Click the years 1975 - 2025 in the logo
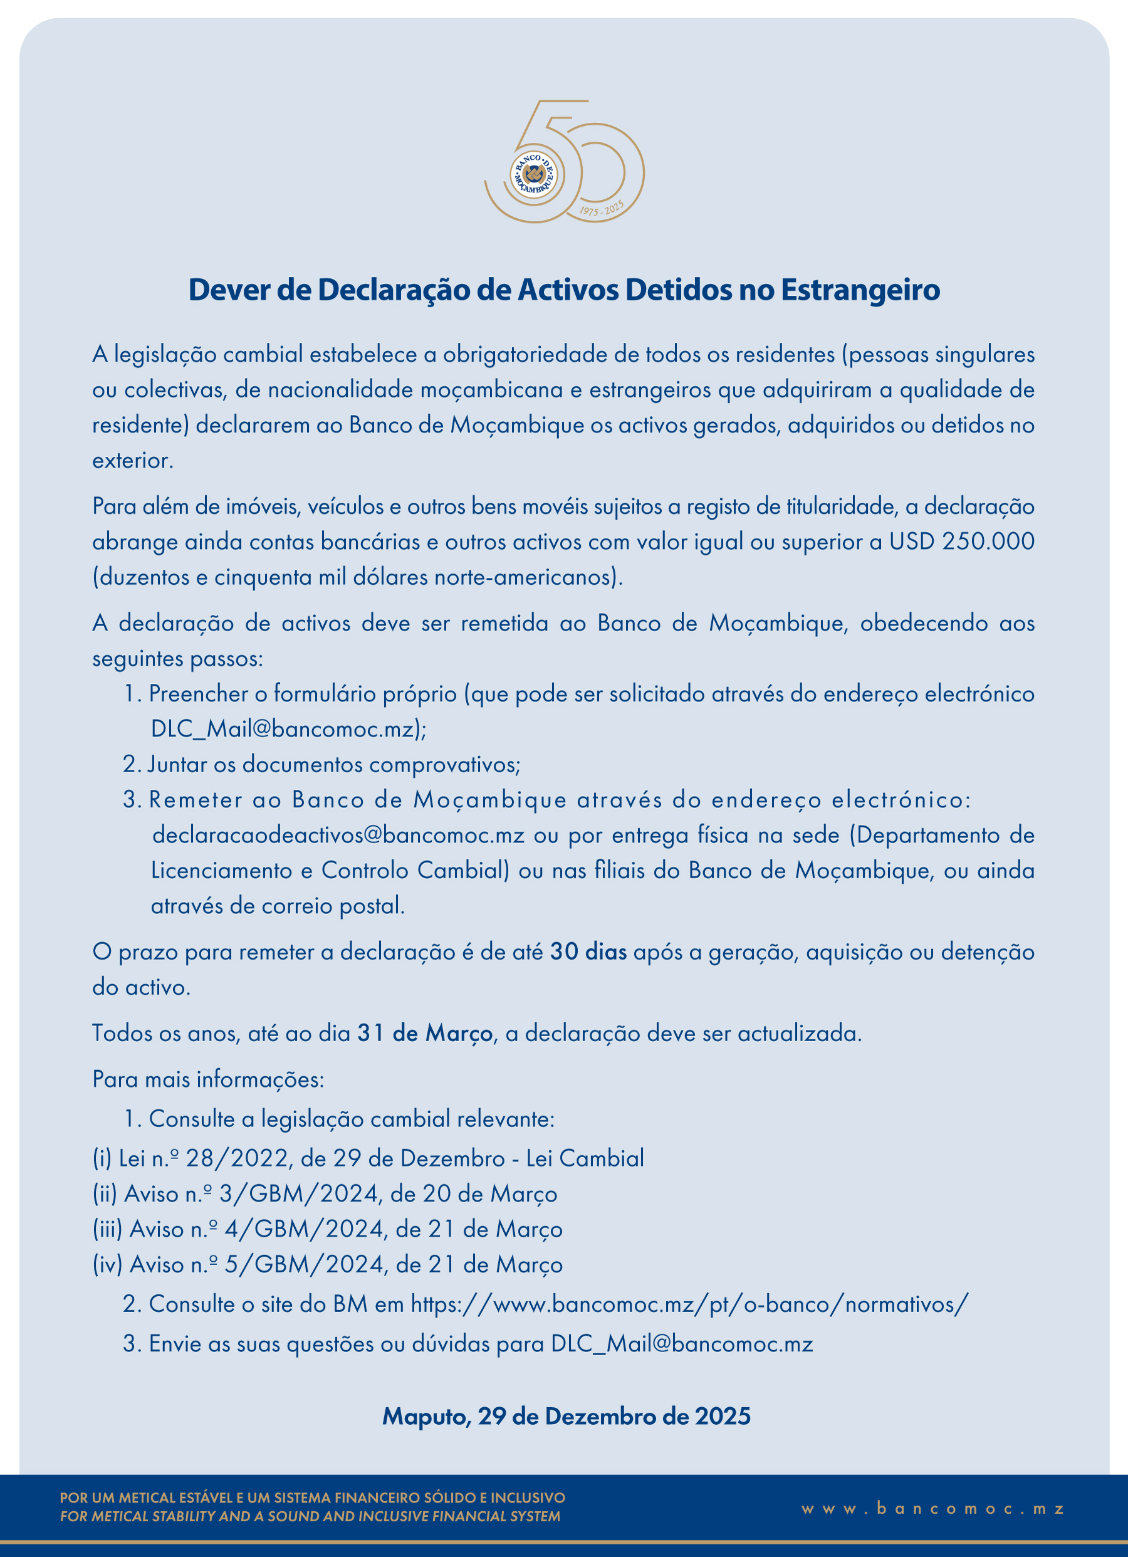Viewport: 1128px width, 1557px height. [x=602, y=209]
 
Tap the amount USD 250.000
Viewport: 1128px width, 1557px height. [x=961, y=542]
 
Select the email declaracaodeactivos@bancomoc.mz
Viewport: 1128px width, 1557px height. [x=338, y=836]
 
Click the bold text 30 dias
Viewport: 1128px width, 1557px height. [x=588, y=952]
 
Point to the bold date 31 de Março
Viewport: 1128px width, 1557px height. [x=425, y=1033]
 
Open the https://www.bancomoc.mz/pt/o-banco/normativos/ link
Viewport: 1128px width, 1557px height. [x=689, y=1304]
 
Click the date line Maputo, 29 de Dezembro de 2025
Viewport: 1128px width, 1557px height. [x=567, y=1416]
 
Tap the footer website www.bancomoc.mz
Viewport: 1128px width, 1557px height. [x=933, y=1508]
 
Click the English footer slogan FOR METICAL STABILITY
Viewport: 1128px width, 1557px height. [x=310, y=1516]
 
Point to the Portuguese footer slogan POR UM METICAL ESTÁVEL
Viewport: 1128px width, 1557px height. [x=312, y=1497]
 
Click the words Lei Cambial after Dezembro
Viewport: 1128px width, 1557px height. [x=585, y=1159]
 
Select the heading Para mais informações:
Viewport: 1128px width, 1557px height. [x=208, y=1079]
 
